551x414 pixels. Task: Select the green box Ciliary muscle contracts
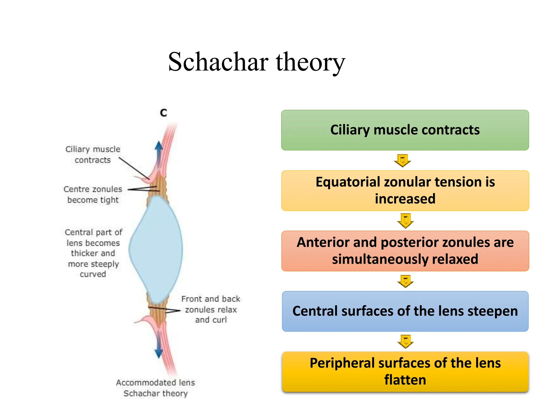pyautogui.click(x=405, y=130)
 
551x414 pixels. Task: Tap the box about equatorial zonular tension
pyautogui.click(x=405, y=190)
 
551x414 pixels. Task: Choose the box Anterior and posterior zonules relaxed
pyautogui.click(x=405, y=251)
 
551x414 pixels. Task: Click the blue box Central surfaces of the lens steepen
pyautogui.click(x=405, y=311)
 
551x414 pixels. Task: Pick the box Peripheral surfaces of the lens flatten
pyautogui.click(x=405, y=371)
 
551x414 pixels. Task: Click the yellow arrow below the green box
pyautogui.click(x=402, y=161)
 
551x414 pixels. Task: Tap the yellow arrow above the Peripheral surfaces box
pyautogui.click(x=405, y=341)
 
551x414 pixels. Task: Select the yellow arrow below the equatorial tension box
pyautogui.click(x=405, y=220)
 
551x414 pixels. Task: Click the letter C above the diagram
pyautogui.click(x=163, y=113)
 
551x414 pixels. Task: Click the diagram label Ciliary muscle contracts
pyautogui.click(x=93, y=154)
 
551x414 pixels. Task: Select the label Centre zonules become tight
pyautogui.click(x=93, y=194)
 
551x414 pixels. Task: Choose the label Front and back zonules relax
pyautogui.click(x=211, y=309)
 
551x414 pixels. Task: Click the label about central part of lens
pyautogui.click(x=93, y=253)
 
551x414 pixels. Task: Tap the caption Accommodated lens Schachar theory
pyautogui.click(x=155, y=388)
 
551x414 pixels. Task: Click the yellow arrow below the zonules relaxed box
pyautogui.click(x=405, y=281)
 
